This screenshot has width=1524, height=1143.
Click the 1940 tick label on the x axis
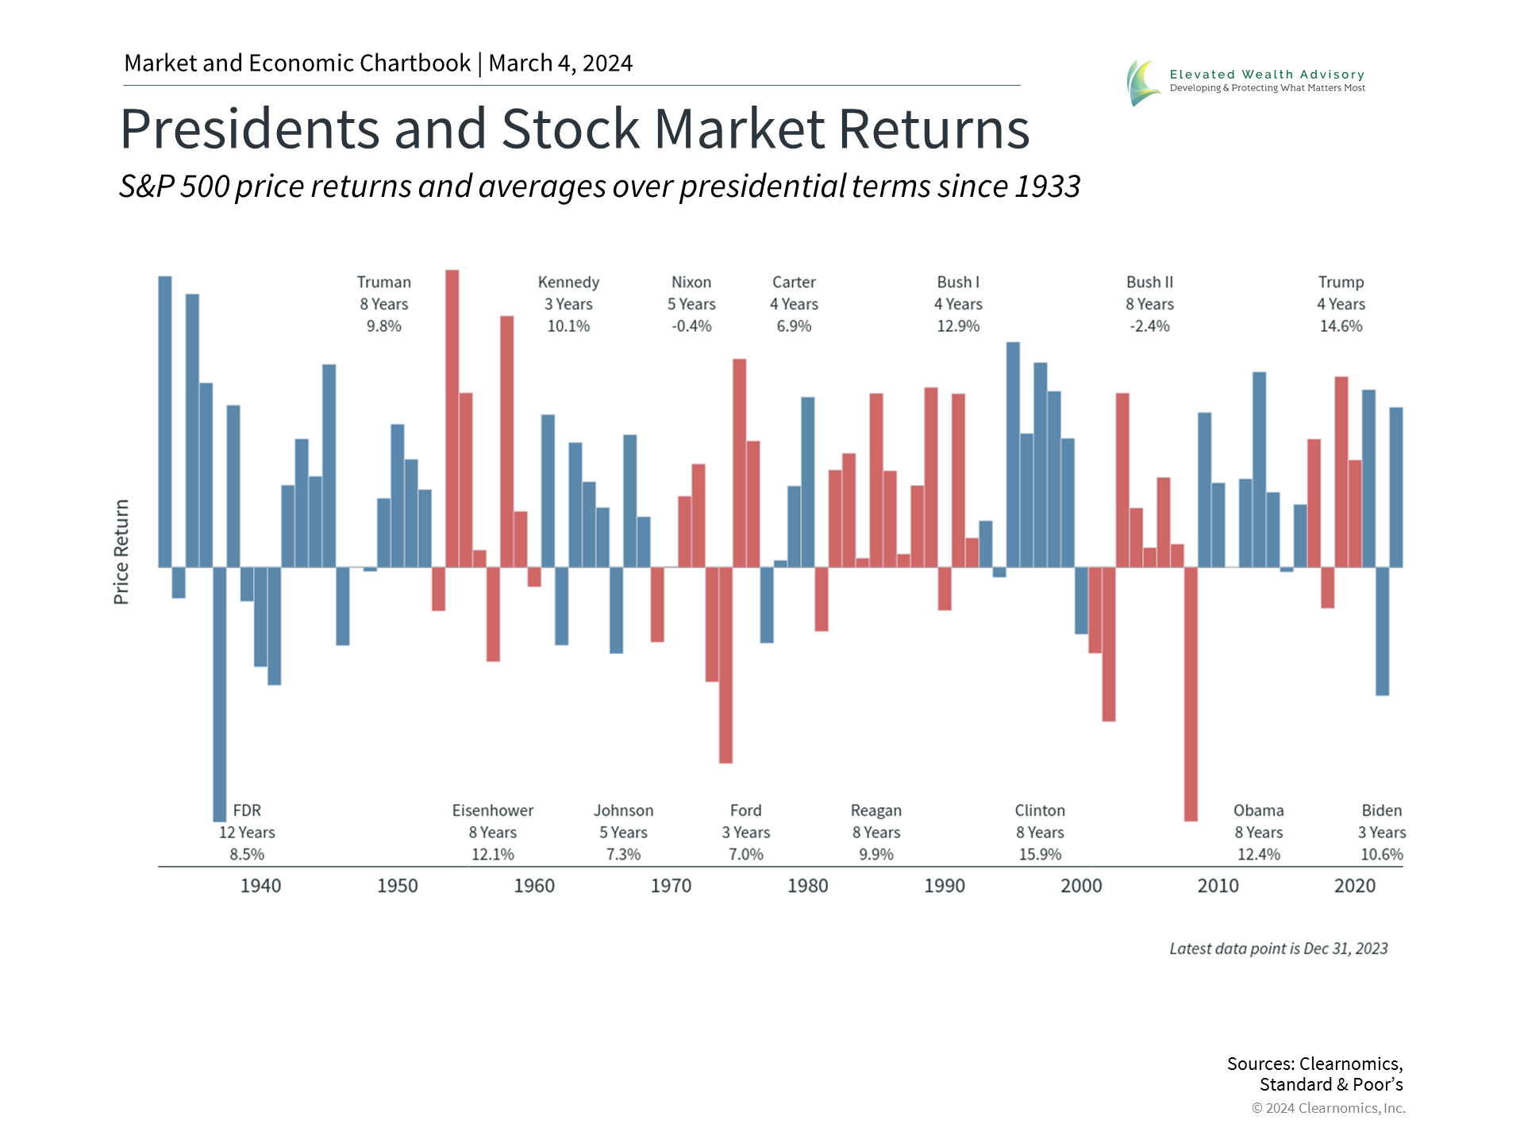click(260, 886)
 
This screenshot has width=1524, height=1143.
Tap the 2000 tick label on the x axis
click(1081, 886)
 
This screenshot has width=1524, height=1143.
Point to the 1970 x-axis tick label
click(671, 886)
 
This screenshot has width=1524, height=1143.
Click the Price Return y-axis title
click(121, 552)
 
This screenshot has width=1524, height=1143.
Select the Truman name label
click(383, 283)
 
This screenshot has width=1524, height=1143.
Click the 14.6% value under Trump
click(1341, 326)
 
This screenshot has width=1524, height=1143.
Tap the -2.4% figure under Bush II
click(1149, 326)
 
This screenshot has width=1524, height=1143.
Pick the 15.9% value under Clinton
click(1040, 855)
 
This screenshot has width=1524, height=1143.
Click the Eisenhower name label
click(492, 810)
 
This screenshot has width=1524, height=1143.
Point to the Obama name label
click(1258, 810)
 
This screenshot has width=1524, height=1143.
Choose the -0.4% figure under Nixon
click(691, 326)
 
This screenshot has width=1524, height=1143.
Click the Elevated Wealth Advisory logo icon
click(1144, 83)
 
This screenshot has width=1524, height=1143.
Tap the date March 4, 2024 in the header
click(560, 63)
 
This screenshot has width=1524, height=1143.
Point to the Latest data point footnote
click(1278, 949)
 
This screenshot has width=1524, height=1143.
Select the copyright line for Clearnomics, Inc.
click(1328, 1108)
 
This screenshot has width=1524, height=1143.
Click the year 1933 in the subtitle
click(1047, 187)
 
